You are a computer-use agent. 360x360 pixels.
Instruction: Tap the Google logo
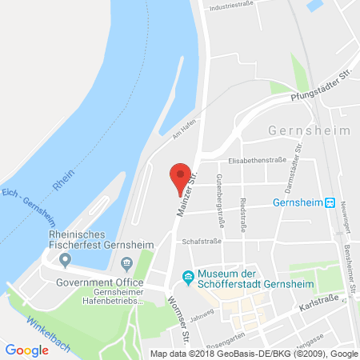click(x=26, y=350)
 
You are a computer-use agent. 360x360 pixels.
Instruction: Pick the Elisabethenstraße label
click(x=257, y=160)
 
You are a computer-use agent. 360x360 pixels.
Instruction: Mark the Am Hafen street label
click(x=182, y=128)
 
